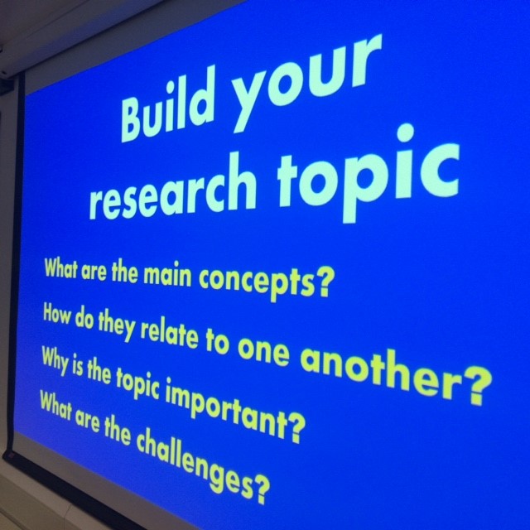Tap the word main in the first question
click(x=166, y=276)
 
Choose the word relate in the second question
click(x=169, y=333)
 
